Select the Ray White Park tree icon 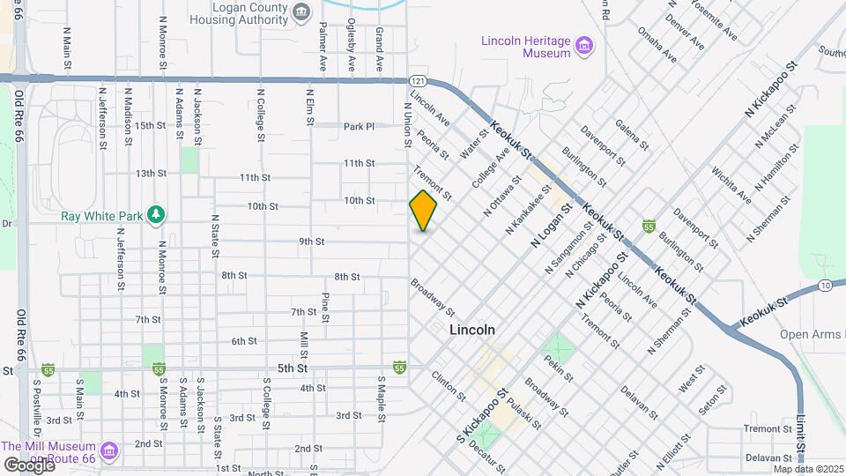click(x=156, y=214)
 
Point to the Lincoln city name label click(x=471, y=330)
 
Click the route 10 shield click(x=824, y=285)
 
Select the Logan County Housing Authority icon click(x=302, y=11)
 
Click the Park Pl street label click(x=360, y=126)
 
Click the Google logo click(x=28, y=465)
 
